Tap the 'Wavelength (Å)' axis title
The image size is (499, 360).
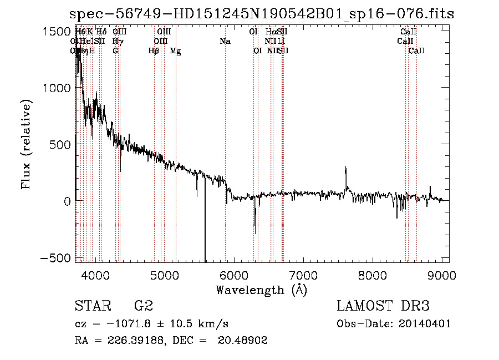tap(261, 290)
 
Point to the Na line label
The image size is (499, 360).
tap(225, 42)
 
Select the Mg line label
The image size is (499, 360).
tap(175, 51)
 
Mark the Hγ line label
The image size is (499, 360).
tap(117, 42)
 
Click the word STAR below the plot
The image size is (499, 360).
tap(92, 306)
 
